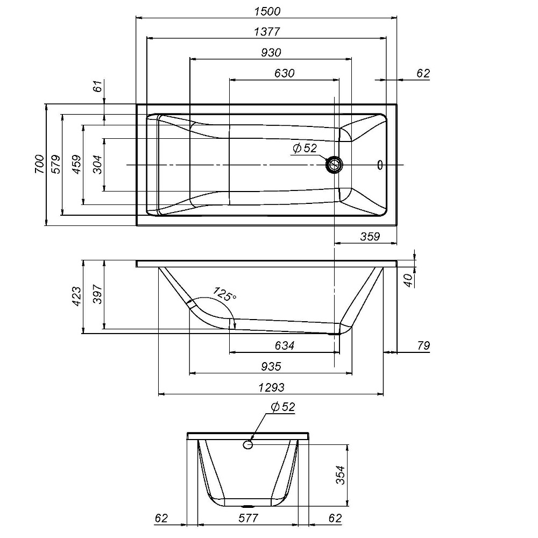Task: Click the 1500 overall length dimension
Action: coord(267,11)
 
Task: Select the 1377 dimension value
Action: coord(267,32)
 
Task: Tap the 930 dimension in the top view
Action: coord(271,52)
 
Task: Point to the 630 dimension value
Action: coord(284,73)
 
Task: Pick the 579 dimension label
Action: coord(56,164)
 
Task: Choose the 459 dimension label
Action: coord(76,164)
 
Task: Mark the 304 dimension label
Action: coord(97,164)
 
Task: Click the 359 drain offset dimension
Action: coord(370,236)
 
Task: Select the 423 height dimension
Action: coord(76,296)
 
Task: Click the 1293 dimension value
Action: coord(271,387)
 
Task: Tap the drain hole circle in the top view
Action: coord(335,164)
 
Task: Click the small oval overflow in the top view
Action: coord(380,165)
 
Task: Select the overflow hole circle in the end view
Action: coord(248,445)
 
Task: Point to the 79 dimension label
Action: coord(423,346)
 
